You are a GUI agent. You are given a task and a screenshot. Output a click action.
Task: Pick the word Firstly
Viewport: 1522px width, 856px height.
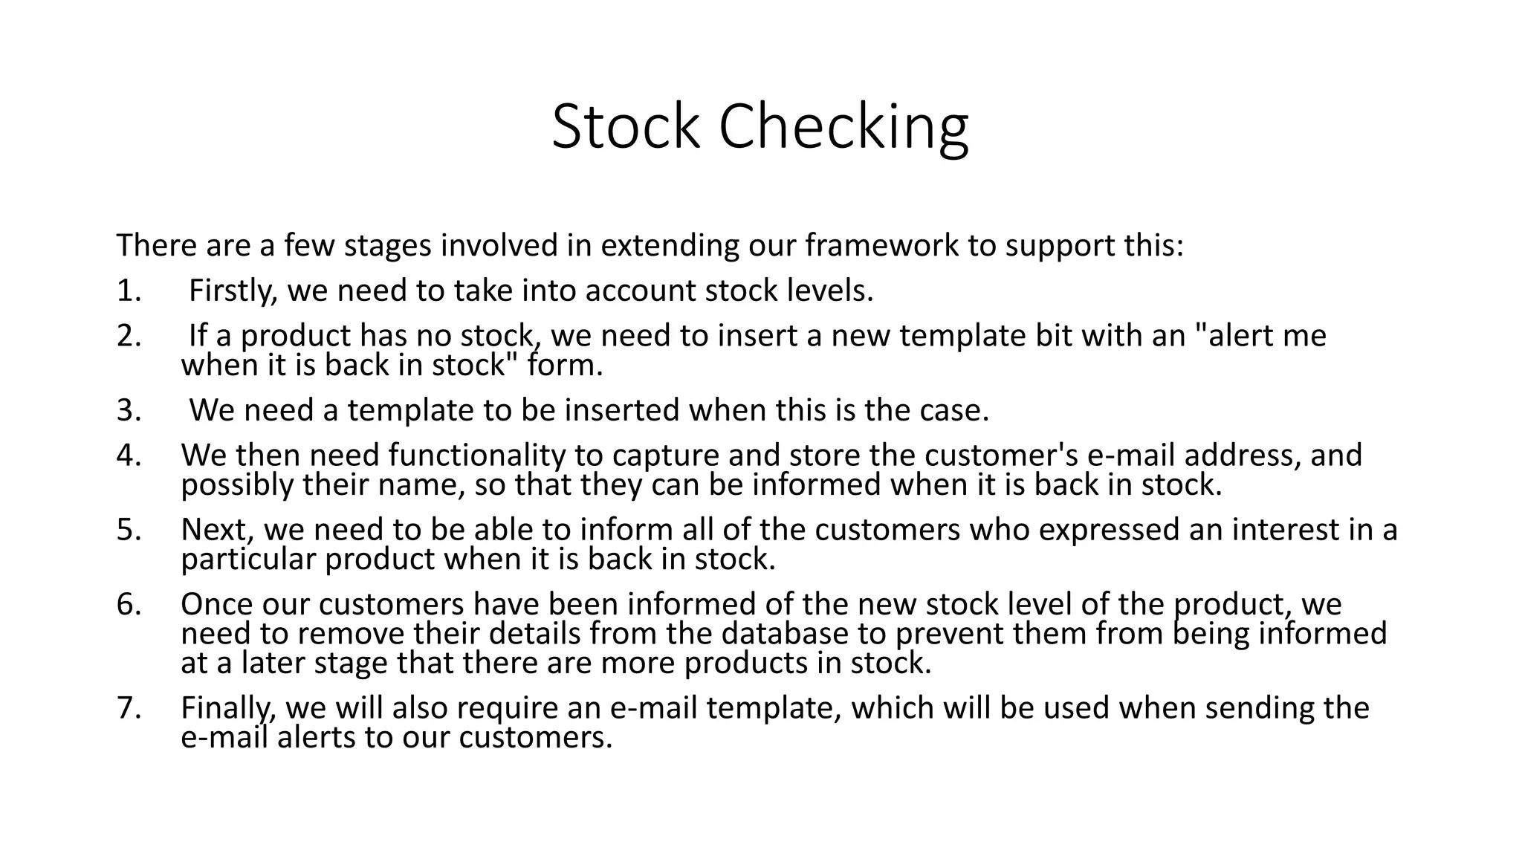[x=233, y=291]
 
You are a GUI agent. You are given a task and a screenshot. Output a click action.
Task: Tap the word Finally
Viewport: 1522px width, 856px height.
[x=228, y=708]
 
